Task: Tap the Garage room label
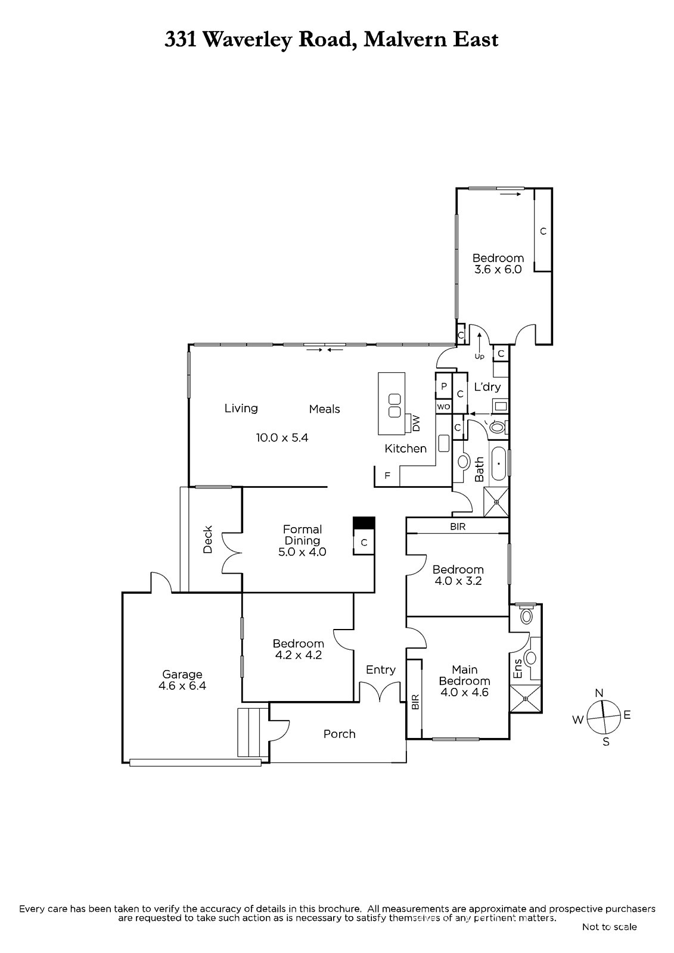pos(182,674)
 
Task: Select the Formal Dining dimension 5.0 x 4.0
pos(302,552)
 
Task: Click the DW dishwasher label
pos(416,423)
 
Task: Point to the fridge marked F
pos(387,476)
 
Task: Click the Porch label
pos(339,734)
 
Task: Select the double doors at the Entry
pos(380,693)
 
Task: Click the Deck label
pos(207,539)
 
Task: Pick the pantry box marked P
pos(443,387)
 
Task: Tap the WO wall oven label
pos(443,407)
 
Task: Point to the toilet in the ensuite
pos(525,615)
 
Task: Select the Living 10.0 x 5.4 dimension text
pos(282,438)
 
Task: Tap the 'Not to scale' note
pos(609,927)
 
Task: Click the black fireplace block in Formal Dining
pos(364,522)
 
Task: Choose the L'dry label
pos(487,387)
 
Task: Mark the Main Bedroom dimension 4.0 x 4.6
pos(464,692)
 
